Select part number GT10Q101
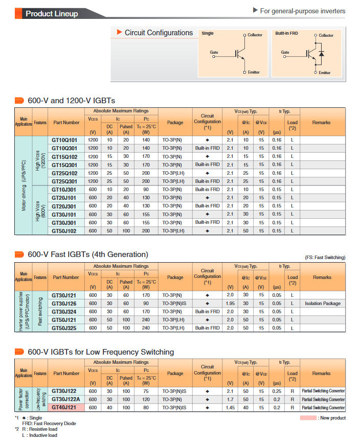[64, 139]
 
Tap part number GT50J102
[64, 230]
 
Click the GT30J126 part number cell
[64, 303]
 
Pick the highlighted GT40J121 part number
[64, 407]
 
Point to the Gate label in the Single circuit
[214, 52]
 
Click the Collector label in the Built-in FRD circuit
[326, 35]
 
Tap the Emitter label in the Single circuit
[254, 72]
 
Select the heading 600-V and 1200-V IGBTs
[71, 100]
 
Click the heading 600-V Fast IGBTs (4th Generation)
[87, 254]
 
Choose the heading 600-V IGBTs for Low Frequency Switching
[101, 352]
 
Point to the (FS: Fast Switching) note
[325, 257]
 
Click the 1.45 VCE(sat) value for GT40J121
[230, 407]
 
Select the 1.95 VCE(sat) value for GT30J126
[230, 303]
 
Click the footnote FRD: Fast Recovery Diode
[50, 424]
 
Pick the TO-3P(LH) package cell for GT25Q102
[175, 173]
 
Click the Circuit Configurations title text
[159, 33]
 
